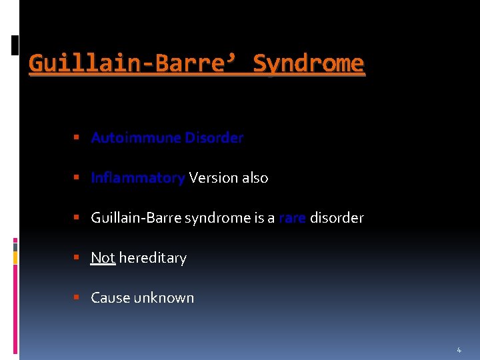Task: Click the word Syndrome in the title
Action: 309,64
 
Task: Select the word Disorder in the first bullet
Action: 214,138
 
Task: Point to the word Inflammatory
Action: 138,178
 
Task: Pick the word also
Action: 255,178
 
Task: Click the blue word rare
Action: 292,218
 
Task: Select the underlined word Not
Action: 103,258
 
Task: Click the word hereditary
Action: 153,258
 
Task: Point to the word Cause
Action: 110,298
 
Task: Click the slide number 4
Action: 459,350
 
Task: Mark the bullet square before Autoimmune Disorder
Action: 77,138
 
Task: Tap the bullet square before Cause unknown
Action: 77,298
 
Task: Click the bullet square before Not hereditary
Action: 77,258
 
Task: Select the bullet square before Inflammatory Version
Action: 77,178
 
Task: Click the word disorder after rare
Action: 337,218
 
